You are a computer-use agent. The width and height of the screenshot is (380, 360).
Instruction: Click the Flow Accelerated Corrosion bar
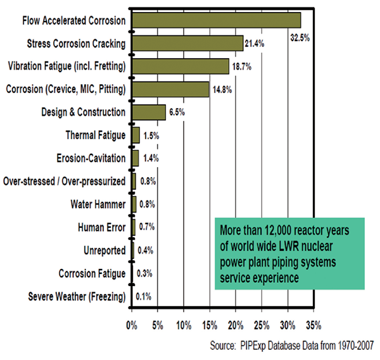(216, 20)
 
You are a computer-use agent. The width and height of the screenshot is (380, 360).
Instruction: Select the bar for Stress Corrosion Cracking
(187, 43)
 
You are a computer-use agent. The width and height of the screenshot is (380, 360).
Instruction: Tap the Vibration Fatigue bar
(180, 66)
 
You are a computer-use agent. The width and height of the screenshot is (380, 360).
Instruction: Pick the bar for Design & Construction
(149, 112)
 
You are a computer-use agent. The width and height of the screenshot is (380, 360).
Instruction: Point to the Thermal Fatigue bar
(136, 135)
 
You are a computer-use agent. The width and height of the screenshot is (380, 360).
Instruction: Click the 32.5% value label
(300, 37)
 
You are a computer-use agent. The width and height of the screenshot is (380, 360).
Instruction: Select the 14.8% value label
(223, 89)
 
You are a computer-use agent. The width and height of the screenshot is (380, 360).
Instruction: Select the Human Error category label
(101, 227)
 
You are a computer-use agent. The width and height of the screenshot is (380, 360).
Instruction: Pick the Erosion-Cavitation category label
(91, 158)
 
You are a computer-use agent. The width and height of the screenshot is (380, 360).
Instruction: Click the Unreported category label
(104, 250)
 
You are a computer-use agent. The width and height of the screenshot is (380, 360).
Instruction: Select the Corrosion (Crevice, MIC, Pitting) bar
(170, 89)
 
